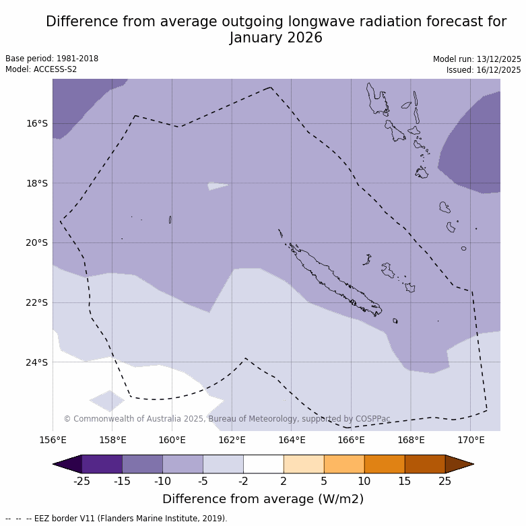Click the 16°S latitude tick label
(x=37, y=123)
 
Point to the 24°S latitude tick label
(x=37, y=362)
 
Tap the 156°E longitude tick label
(x=53, y=440)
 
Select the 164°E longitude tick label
(x=292, y=440)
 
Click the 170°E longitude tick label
(x=471, y=440)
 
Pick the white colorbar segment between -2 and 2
(x=263, y=464)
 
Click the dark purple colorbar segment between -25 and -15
(x=102, y=464)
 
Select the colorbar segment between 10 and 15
(x=385, y=464)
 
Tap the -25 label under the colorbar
(x=81, y=481)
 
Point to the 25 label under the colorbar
(x=445, y=481)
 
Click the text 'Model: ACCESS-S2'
(x=41, y=69)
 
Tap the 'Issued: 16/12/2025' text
(x=483, y=70)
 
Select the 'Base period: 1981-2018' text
(x=52, y=59)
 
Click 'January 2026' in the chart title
(x=276, y=38)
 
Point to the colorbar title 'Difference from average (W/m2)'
(x=263, y=499)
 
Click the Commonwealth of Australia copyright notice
(x=227, y=419)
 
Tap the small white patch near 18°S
(x=217, y=186)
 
